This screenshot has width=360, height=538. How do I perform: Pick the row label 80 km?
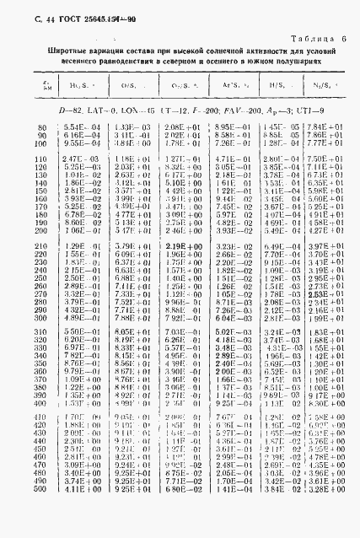pos(42,126)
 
